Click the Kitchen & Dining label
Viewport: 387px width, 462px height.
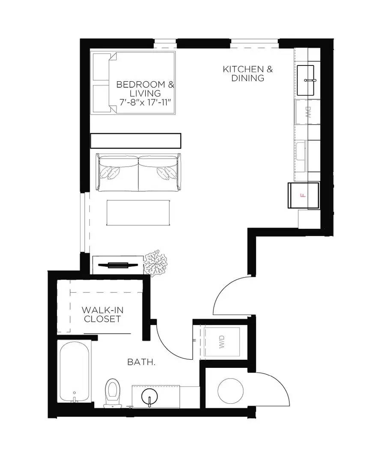(247, 74)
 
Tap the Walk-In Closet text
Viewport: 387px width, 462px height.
(102, 314)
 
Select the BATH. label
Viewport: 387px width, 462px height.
(141, 362)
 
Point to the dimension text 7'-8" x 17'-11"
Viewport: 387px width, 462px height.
(146, 102)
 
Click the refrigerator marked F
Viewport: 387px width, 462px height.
(304, 195)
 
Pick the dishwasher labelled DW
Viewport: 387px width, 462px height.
(307, 113)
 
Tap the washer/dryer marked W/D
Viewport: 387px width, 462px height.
(222, 342)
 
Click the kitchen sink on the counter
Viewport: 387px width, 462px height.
(306, 80)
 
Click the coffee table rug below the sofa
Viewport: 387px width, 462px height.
(138, 213)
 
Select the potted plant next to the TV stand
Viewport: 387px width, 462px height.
(155, 262)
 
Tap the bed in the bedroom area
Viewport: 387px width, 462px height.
(134, 83)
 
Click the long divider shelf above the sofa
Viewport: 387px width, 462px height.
(136, 140)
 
